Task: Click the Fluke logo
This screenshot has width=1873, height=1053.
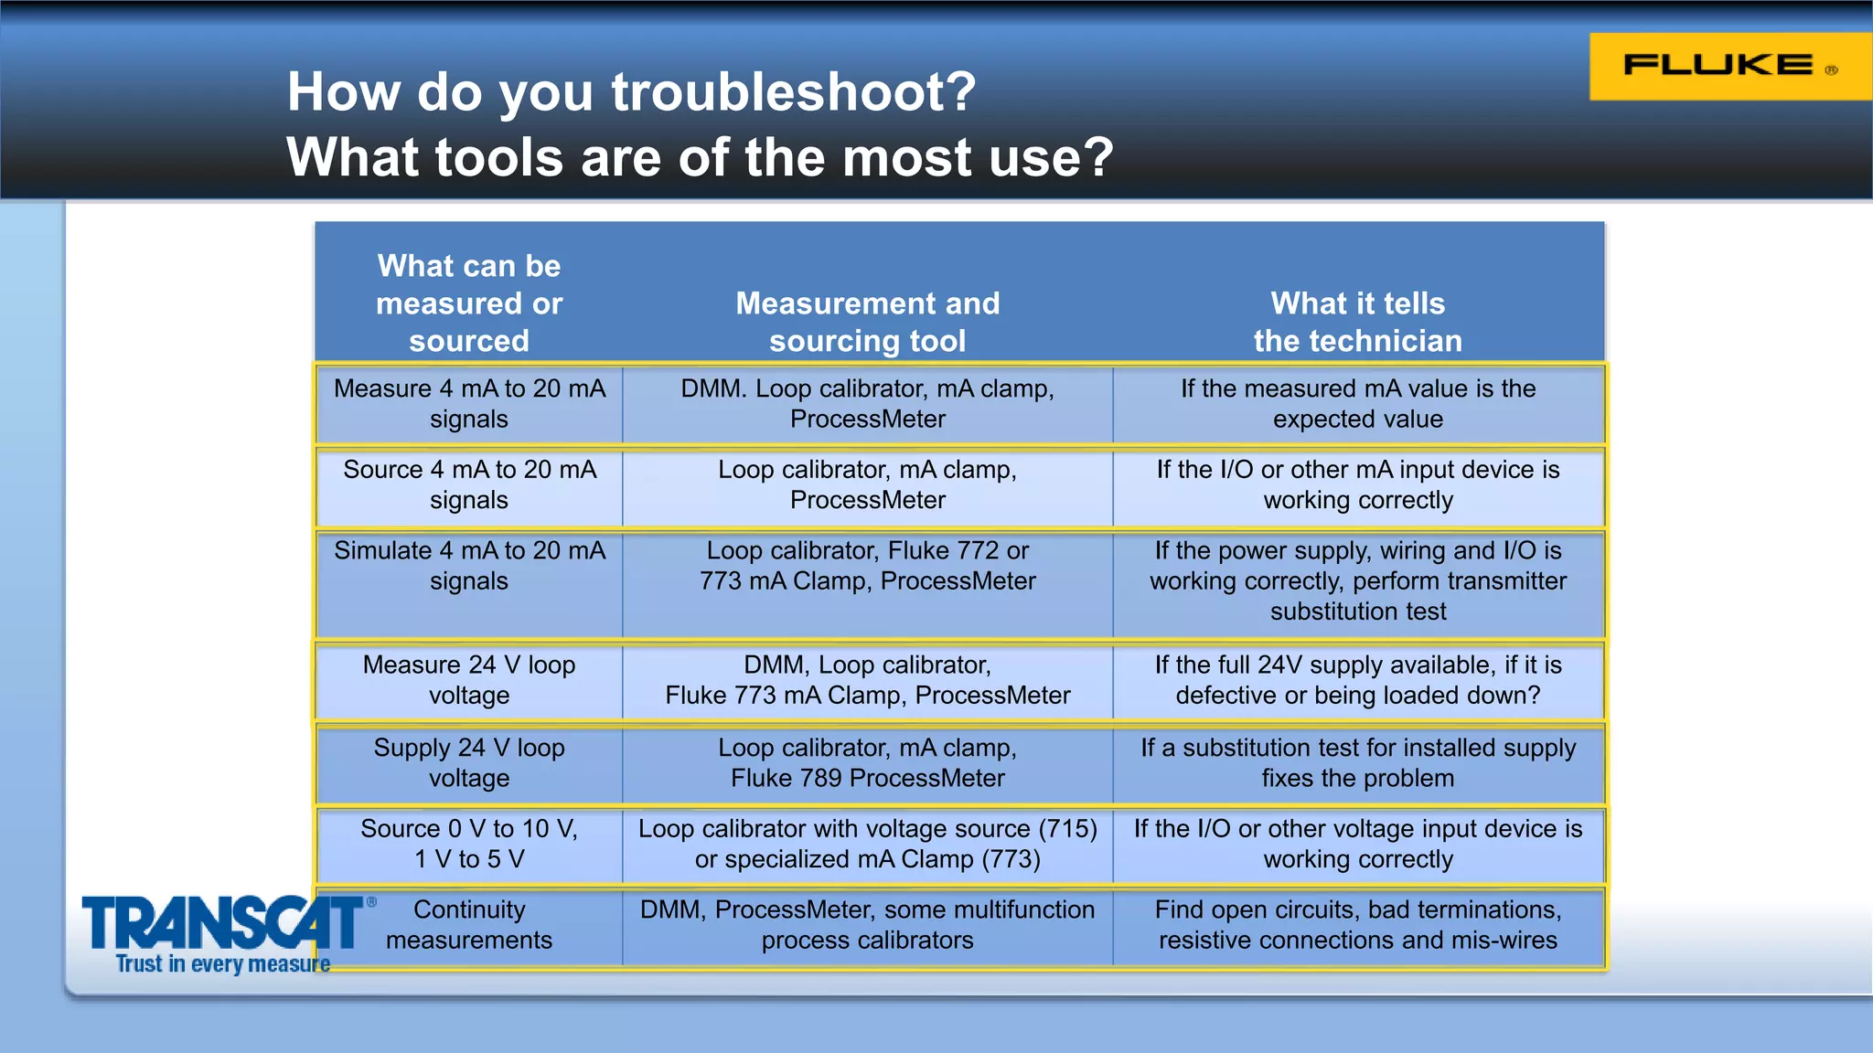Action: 1729,66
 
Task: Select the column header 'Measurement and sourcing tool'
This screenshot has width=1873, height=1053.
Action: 867,321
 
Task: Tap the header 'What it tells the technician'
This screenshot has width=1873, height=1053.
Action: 1357,321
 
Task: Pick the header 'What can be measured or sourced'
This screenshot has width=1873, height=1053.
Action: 469,303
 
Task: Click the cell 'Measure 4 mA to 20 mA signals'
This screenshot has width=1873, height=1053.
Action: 469,403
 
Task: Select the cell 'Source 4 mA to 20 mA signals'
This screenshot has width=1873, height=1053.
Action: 469,484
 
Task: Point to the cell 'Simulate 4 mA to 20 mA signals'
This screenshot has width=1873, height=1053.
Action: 469,566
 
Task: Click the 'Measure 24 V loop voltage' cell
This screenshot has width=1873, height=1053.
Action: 469,679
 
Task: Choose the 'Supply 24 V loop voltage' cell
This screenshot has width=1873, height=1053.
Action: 469,762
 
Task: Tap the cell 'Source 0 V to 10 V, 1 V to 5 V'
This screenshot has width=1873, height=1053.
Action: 469,844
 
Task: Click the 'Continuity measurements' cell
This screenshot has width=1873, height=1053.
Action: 469,924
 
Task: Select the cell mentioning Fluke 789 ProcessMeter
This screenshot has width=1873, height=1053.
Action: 867,762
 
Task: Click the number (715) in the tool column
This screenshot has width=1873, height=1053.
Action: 1067,829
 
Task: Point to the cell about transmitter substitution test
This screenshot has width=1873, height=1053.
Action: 1357,581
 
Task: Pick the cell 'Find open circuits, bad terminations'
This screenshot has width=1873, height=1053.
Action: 1357,924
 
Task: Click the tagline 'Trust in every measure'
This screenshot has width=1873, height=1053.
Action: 222,964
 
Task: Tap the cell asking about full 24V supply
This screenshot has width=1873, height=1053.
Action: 1357,679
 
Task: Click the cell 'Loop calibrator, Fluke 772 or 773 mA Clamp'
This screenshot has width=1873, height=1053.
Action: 867,566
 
